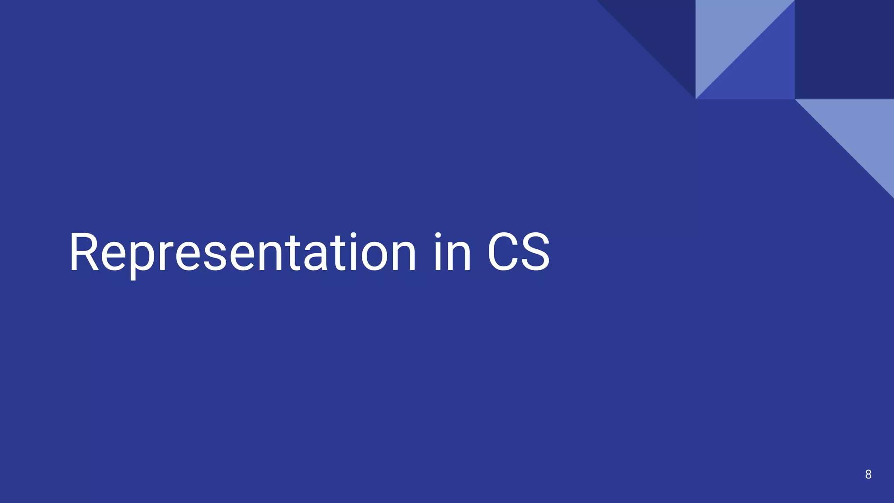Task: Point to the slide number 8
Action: click(868, 474)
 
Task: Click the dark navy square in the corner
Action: click(844, 49)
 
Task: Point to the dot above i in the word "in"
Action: click(439, 236)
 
